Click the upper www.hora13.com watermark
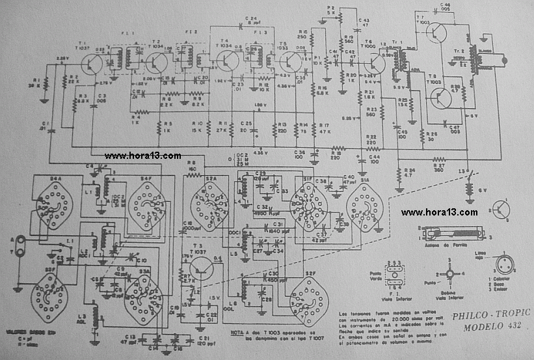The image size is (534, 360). pos(142,156)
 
